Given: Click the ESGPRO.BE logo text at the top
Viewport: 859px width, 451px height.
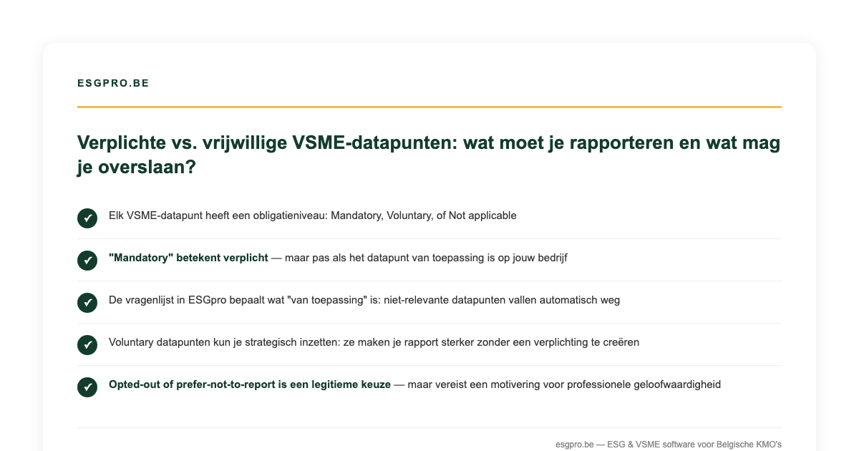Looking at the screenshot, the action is [x=113, y=83].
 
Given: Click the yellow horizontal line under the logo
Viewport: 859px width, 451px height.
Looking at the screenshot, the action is [x=429, y=107].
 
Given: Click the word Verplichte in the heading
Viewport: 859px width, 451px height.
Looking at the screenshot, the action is [x=122, y=142].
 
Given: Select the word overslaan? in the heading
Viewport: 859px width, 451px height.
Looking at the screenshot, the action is [x=147, y=168].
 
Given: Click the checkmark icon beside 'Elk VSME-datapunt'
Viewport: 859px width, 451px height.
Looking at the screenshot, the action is [x=87, y=218].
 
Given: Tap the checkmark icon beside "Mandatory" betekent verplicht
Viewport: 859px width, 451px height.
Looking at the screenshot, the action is [x=87, y=261].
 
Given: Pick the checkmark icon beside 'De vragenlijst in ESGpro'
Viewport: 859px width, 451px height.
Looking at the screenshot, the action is [x=87, y=303].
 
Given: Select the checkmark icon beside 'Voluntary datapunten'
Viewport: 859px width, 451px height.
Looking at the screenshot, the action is [x=87, y=345].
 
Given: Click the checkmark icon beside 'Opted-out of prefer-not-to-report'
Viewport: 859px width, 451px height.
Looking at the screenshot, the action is [x=87, y=387].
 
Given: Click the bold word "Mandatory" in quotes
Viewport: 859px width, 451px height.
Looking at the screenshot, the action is [x=141, y=258].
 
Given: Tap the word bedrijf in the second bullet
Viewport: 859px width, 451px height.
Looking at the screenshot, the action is [x=552, y=258].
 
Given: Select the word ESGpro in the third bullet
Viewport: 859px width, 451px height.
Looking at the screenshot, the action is [x=207, y=300].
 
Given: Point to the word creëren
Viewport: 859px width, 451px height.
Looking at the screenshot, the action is [x=621, y=342].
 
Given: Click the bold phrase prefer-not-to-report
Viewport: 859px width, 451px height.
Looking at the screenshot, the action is [x=226, y=384].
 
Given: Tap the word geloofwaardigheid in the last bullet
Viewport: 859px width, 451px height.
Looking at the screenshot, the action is [x=677, y=384].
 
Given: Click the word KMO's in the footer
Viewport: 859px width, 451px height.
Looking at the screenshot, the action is [x=769, y=445].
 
